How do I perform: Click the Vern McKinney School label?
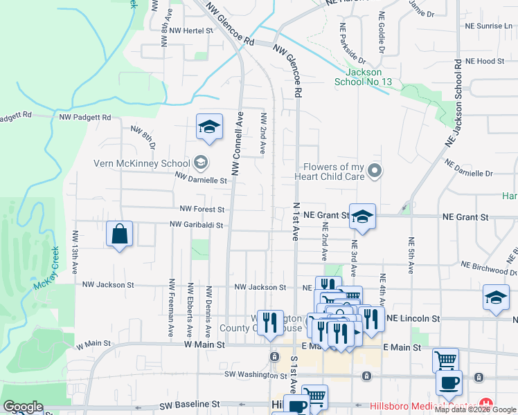141,164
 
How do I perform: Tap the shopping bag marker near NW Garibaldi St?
120,234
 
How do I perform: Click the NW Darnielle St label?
201,180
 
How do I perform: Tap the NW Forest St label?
202,209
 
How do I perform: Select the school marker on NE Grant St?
362,216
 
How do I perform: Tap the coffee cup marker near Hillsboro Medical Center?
449,382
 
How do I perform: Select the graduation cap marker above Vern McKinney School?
209,127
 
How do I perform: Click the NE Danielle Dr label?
469,169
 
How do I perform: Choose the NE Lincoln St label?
413,318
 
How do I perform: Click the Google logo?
23,407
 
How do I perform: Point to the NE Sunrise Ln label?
489,26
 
